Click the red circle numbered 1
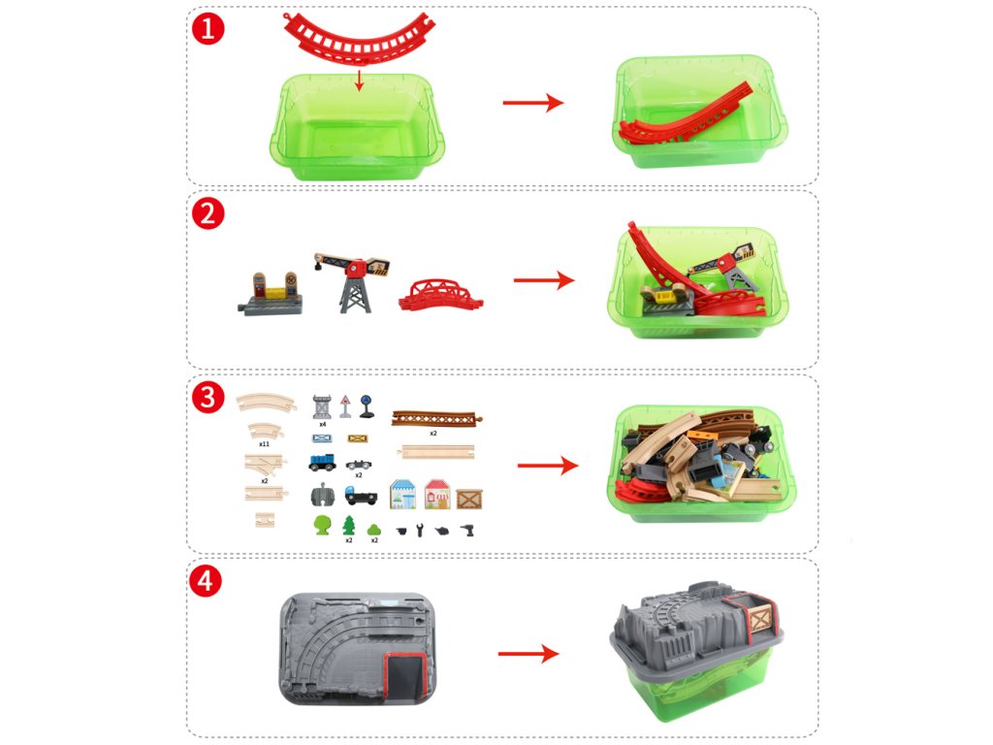point(208,28)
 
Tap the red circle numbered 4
point(206,581)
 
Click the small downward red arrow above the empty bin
point(359,81)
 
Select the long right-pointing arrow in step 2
point(543,280)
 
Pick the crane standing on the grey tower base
point(352,281)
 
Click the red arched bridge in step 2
point(441,295)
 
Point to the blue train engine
point(322,463)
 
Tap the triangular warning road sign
point(345,406)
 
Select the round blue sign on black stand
point(367,406)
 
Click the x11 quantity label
point(264,444)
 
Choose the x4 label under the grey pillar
point(322,424)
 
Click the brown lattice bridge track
point(437,418)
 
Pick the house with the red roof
point(437,494)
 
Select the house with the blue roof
point(402,494)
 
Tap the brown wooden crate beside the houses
point(469,499)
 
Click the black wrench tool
point(420,531)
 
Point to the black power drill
point(467,531)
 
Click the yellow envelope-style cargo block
point(358,438)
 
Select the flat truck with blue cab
point(361,496)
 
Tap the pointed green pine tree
point(348,525)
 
